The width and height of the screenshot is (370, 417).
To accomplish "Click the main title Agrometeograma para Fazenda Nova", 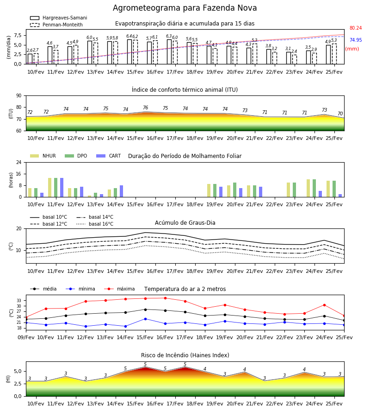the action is [185, 8].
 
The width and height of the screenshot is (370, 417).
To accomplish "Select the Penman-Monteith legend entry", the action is [56, 25].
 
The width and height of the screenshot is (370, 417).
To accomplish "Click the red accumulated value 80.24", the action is [356, 28].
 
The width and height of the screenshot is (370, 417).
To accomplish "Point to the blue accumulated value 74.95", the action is [356, 40].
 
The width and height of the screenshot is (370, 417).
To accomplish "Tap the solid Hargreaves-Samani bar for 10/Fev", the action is [30, 59].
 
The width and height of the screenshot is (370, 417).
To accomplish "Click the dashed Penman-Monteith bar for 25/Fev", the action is [334, 54].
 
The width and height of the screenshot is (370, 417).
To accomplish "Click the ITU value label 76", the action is [145, 107].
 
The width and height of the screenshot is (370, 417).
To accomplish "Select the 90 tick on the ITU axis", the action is [19, 96].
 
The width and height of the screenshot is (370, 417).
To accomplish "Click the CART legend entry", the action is [109, 156].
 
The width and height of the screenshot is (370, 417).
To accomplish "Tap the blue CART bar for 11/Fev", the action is [62, 188].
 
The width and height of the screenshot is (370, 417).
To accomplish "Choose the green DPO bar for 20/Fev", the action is [234, 190].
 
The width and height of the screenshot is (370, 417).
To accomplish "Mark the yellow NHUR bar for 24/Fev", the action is [308, 188].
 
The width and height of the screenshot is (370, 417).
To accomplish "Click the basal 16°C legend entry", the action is [95, 224].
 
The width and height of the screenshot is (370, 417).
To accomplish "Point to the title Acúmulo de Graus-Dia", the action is [185, 222].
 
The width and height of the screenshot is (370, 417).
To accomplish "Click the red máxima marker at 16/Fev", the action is [166, 298].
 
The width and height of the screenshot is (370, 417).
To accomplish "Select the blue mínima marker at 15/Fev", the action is [145, 319].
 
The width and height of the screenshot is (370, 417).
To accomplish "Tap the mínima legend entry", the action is [80, 289].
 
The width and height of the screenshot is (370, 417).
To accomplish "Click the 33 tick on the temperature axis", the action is [19, 301].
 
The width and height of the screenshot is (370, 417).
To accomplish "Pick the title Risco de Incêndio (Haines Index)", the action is [185, 355].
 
